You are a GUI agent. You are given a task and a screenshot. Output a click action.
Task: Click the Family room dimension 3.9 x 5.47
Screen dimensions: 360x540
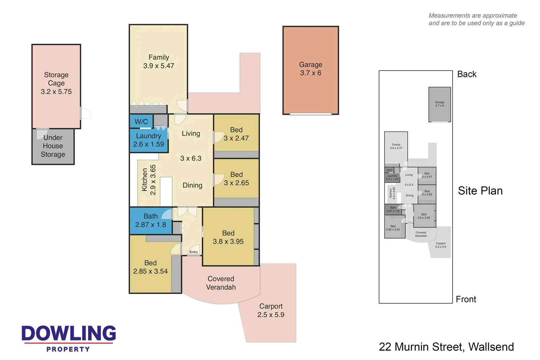pyautogui.click(x=159, y=66)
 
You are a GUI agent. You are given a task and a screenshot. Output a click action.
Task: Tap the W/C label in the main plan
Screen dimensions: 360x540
pyautogui.click(x=141, y=122)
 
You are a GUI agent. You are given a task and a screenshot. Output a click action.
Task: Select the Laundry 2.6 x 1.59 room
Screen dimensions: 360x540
pyautogui.click(x=148, y=140)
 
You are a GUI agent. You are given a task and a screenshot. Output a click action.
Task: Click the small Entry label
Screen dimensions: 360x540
pyautogui.click(x=193, y=252)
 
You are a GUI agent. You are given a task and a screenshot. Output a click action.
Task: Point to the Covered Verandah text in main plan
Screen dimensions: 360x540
pyautogui.click(x=221, y=283)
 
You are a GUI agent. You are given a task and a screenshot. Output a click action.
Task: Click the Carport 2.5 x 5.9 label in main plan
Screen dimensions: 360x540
pyautogui.click(x=271, y=310)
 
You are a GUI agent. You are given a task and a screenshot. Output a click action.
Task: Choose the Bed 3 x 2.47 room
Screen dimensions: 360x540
pyautogui.click(x=236, y=134)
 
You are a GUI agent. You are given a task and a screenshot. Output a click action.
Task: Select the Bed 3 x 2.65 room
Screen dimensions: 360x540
pyautogui.click(x=236, y=179)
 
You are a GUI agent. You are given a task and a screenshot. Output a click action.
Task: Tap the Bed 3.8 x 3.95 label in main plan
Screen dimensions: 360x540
pyautogui.click(x=228, y=237)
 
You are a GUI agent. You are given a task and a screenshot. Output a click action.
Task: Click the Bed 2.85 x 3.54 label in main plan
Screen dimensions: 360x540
pyautogui.click(x=150, y=267)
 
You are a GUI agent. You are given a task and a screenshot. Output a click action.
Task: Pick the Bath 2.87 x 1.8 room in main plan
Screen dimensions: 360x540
pyautogui.click(x=151, y=221)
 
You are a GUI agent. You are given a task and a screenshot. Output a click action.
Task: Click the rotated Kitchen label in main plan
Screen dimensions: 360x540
pyautogui.click(x=145, y=180)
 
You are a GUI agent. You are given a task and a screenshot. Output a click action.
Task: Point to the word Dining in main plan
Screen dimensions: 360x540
pyautogui.click(x=192, y=185)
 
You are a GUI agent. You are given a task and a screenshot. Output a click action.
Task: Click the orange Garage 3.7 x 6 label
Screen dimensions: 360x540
pyautogui.click(x=310, y=69)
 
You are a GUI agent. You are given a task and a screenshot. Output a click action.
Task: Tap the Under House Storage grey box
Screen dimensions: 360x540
pyautogui.click(x=53, y=146)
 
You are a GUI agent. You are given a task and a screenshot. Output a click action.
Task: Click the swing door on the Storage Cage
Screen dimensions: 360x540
pyautogui.click(x=86, y=113)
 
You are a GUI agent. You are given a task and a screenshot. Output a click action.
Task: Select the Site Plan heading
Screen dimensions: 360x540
pyautogui.click(x=480, y=191)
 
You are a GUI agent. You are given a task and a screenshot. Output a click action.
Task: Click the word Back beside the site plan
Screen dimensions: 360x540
pyautogui.click(x=467, y=74)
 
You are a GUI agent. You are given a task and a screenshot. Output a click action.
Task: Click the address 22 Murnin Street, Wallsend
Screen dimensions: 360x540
pyautogui.click(x=446, y=347)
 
